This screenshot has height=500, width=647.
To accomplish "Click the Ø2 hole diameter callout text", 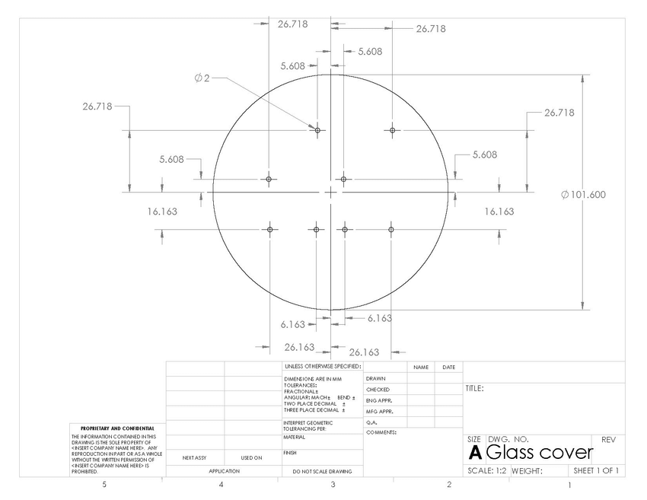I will coord(202,78).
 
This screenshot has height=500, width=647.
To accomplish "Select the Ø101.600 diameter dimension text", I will coord(583,195).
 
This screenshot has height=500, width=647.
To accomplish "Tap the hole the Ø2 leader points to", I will coord(317,130).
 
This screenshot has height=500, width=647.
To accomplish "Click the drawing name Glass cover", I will coord(539,452).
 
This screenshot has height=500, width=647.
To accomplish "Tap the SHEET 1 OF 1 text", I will coord(596,471).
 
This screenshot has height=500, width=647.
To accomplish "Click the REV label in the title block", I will coord(608,440).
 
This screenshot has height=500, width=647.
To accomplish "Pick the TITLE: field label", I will coord(474,389).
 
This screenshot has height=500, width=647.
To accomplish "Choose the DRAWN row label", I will coord(376,378).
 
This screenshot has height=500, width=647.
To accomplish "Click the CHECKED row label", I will coord(378,390).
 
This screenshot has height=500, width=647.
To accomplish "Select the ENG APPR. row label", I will coord(378,400).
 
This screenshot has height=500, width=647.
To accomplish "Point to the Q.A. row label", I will coord(372,422).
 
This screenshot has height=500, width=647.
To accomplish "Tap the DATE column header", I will coord(448,368).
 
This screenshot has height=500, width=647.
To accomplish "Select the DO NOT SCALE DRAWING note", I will coord(321,472).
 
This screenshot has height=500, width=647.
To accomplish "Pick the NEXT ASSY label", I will coord(195,458).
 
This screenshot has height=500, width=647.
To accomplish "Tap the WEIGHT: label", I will coord(527,471).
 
